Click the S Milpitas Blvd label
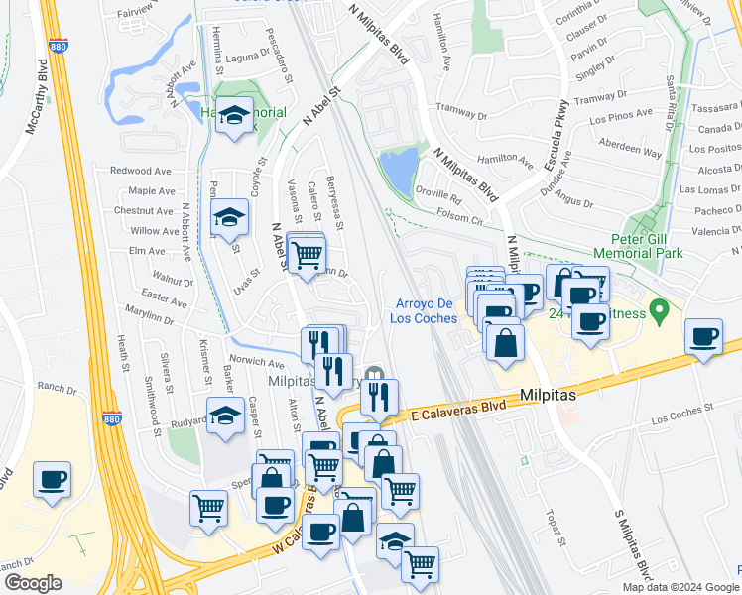pos(634,544)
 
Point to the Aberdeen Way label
pos(630,154)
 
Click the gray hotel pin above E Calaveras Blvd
pos(373,374)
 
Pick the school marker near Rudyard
pos(225,417)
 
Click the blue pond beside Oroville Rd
pos(399,171)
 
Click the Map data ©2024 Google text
pos(680,587)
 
